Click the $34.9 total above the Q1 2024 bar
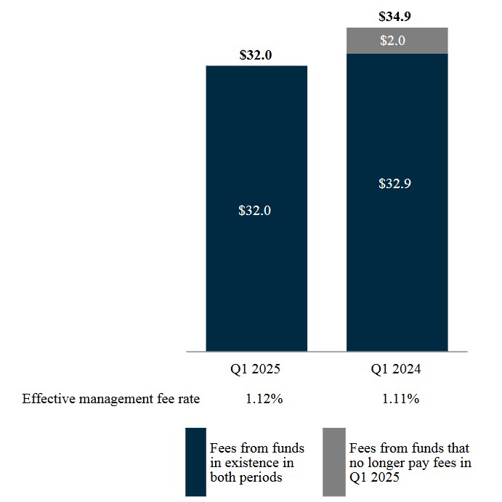396,15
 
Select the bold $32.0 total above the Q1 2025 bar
256,54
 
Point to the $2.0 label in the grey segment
396,41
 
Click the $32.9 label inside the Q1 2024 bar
396,183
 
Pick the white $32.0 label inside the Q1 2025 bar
256,211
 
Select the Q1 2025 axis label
256,369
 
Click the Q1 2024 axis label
396,369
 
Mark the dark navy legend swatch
195,462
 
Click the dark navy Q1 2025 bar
256,291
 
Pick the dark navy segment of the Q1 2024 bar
396,276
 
